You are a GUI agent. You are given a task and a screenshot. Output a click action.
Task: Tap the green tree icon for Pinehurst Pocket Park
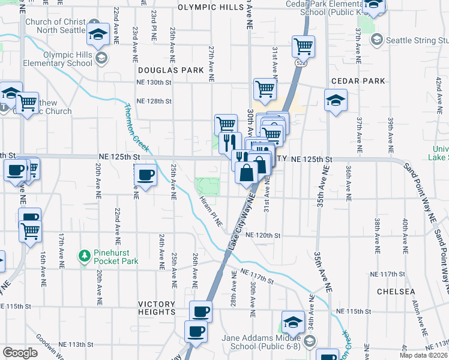pyautogui.click(x=85, y=257)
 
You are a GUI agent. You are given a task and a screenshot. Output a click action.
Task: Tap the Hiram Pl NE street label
pyautogui.click(x=210, y=212)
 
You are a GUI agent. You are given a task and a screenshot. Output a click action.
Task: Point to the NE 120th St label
pyautogui.click(x=263, y=236)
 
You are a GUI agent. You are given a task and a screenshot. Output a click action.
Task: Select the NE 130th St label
pyautogui.click(x=154, y=82)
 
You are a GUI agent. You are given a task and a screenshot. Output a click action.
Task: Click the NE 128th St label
pyautogui.click(x=154, y=102)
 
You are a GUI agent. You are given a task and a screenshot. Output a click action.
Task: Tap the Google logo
pyautogui.click(x=20, y=353)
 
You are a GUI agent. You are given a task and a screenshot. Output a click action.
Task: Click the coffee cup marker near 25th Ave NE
pyautogui.click(x=146, y=175)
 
